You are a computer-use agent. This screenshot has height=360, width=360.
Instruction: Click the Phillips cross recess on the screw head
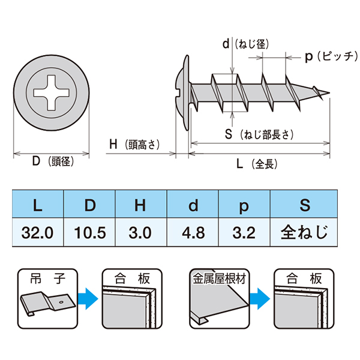52,94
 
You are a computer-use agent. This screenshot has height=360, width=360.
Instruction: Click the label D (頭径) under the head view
52,162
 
